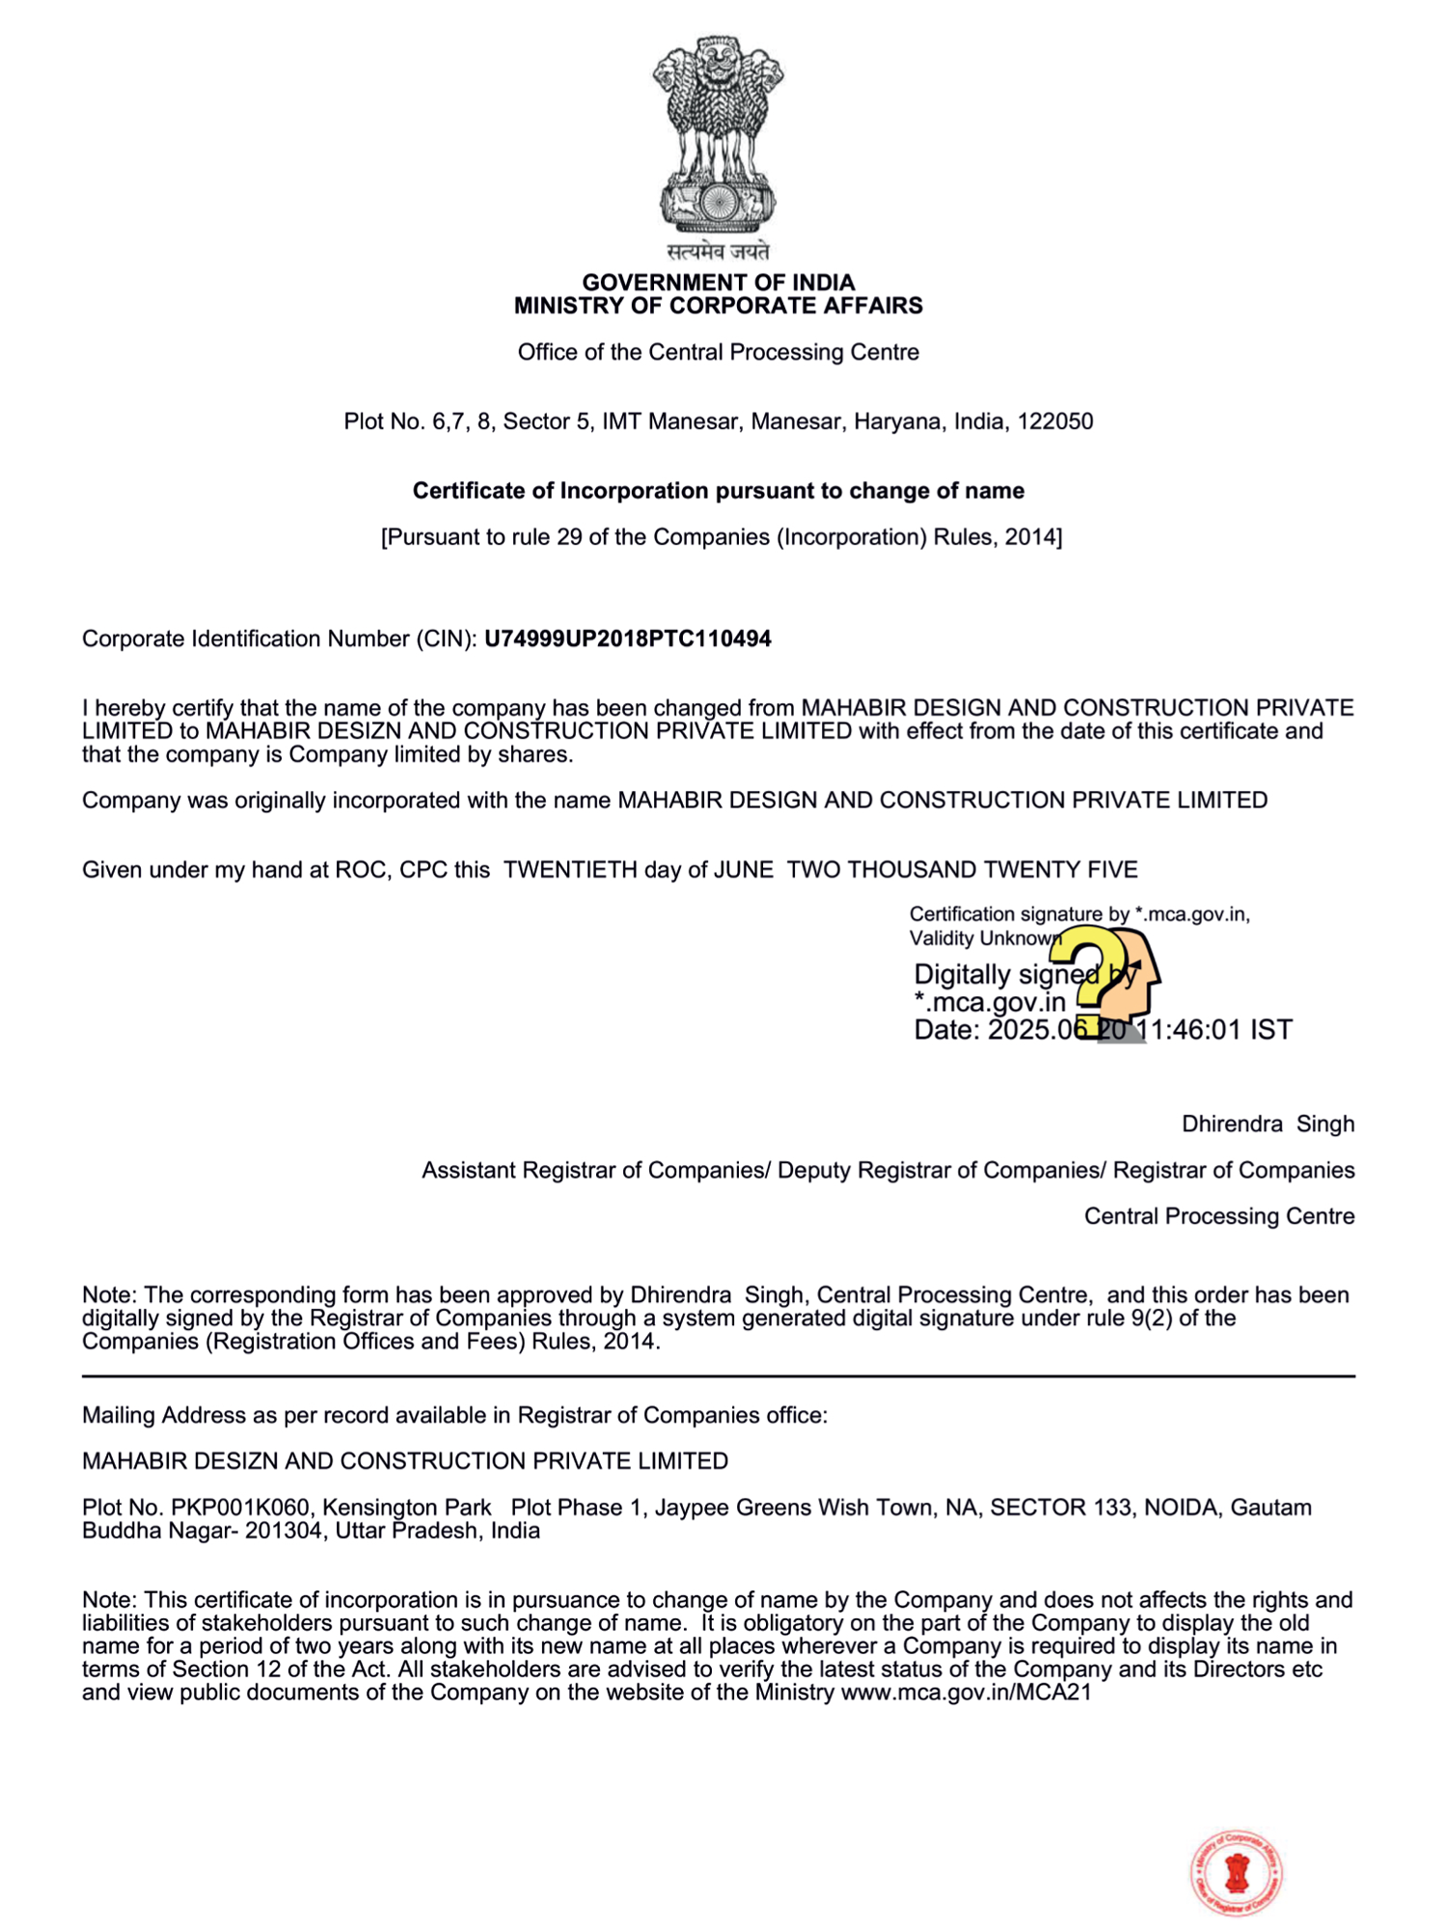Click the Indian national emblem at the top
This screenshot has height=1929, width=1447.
718,135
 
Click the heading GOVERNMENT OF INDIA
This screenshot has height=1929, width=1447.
718,283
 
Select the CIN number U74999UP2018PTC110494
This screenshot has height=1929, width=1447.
627,638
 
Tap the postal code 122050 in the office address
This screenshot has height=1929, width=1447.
1055,421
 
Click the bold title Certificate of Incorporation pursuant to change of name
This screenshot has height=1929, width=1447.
718,491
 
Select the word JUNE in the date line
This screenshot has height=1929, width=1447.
743,870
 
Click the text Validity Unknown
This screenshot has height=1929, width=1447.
984,938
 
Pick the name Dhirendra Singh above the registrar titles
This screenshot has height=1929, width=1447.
1268,1124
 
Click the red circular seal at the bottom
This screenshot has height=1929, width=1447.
1236,1872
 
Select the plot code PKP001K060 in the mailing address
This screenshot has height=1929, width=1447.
240,1508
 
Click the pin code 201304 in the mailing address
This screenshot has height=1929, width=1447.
285,1531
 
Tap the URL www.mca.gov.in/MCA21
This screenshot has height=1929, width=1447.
966,1693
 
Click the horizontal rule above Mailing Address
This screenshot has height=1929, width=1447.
718,1376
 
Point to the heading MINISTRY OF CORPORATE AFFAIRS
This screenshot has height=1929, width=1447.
718,307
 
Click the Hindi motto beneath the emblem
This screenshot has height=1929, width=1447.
718,253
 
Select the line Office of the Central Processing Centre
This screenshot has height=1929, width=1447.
718,352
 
